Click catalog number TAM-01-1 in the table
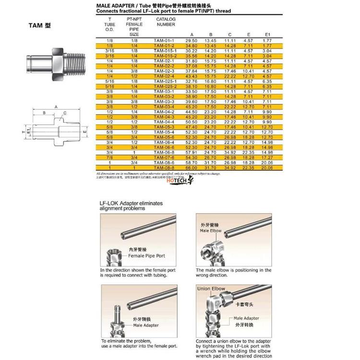(x=164, y=41)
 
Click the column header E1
(x=267, y=35)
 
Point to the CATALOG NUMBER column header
(x=166, y=21)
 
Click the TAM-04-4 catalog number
(x=164, y=122)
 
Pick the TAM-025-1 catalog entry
(x=164, y=82)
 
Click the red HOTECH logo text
(x=179, y=182)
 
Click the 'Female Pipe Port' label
(x=146, y=256)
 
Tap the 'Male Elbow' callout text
(x=211, y=231)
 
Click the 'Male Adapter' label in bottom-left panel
(x=146, y=325)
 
